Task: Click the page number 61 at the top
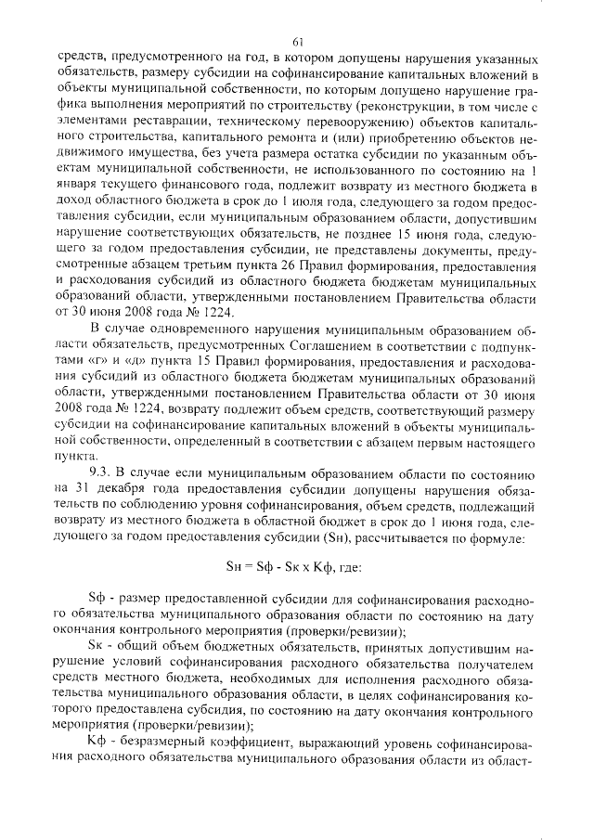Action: [x=297, y=39]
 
